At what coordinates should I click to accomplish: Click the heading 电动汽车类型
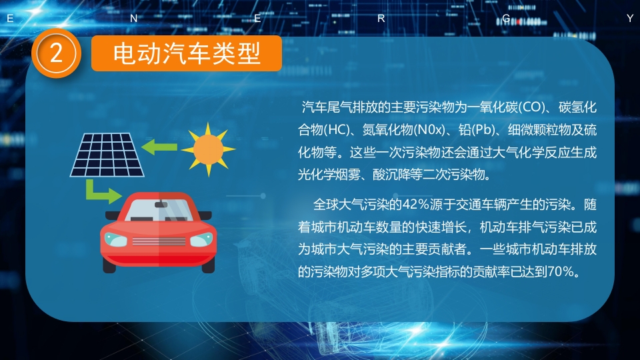(187, 53)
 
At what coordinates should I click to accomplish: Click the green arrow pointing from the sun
(159, 146)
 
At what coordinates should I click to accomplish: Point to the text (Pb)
(483, 129)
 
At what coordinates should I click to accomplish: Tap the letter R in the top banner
(381, 19)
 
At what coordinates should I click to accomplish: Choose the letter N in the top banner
(133, 19)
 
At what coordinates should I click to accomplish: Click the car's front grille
(159, 239)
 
